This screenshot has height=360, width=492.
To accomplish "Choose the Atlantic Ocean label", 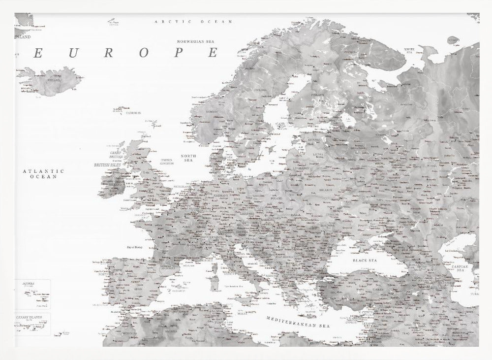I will [43, 173].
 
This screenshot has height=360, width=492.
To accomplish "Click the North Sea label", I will [188, 158].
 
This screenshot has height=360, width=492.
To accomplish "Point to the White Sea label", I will [409, 51].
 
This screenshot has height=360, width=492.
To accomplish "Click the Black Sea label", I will [364, 260].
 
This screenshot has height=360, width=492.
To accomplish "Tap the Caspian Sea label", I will [461, 268].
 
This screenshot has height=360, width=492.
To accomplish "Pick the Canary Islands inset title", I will [29, 317].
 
